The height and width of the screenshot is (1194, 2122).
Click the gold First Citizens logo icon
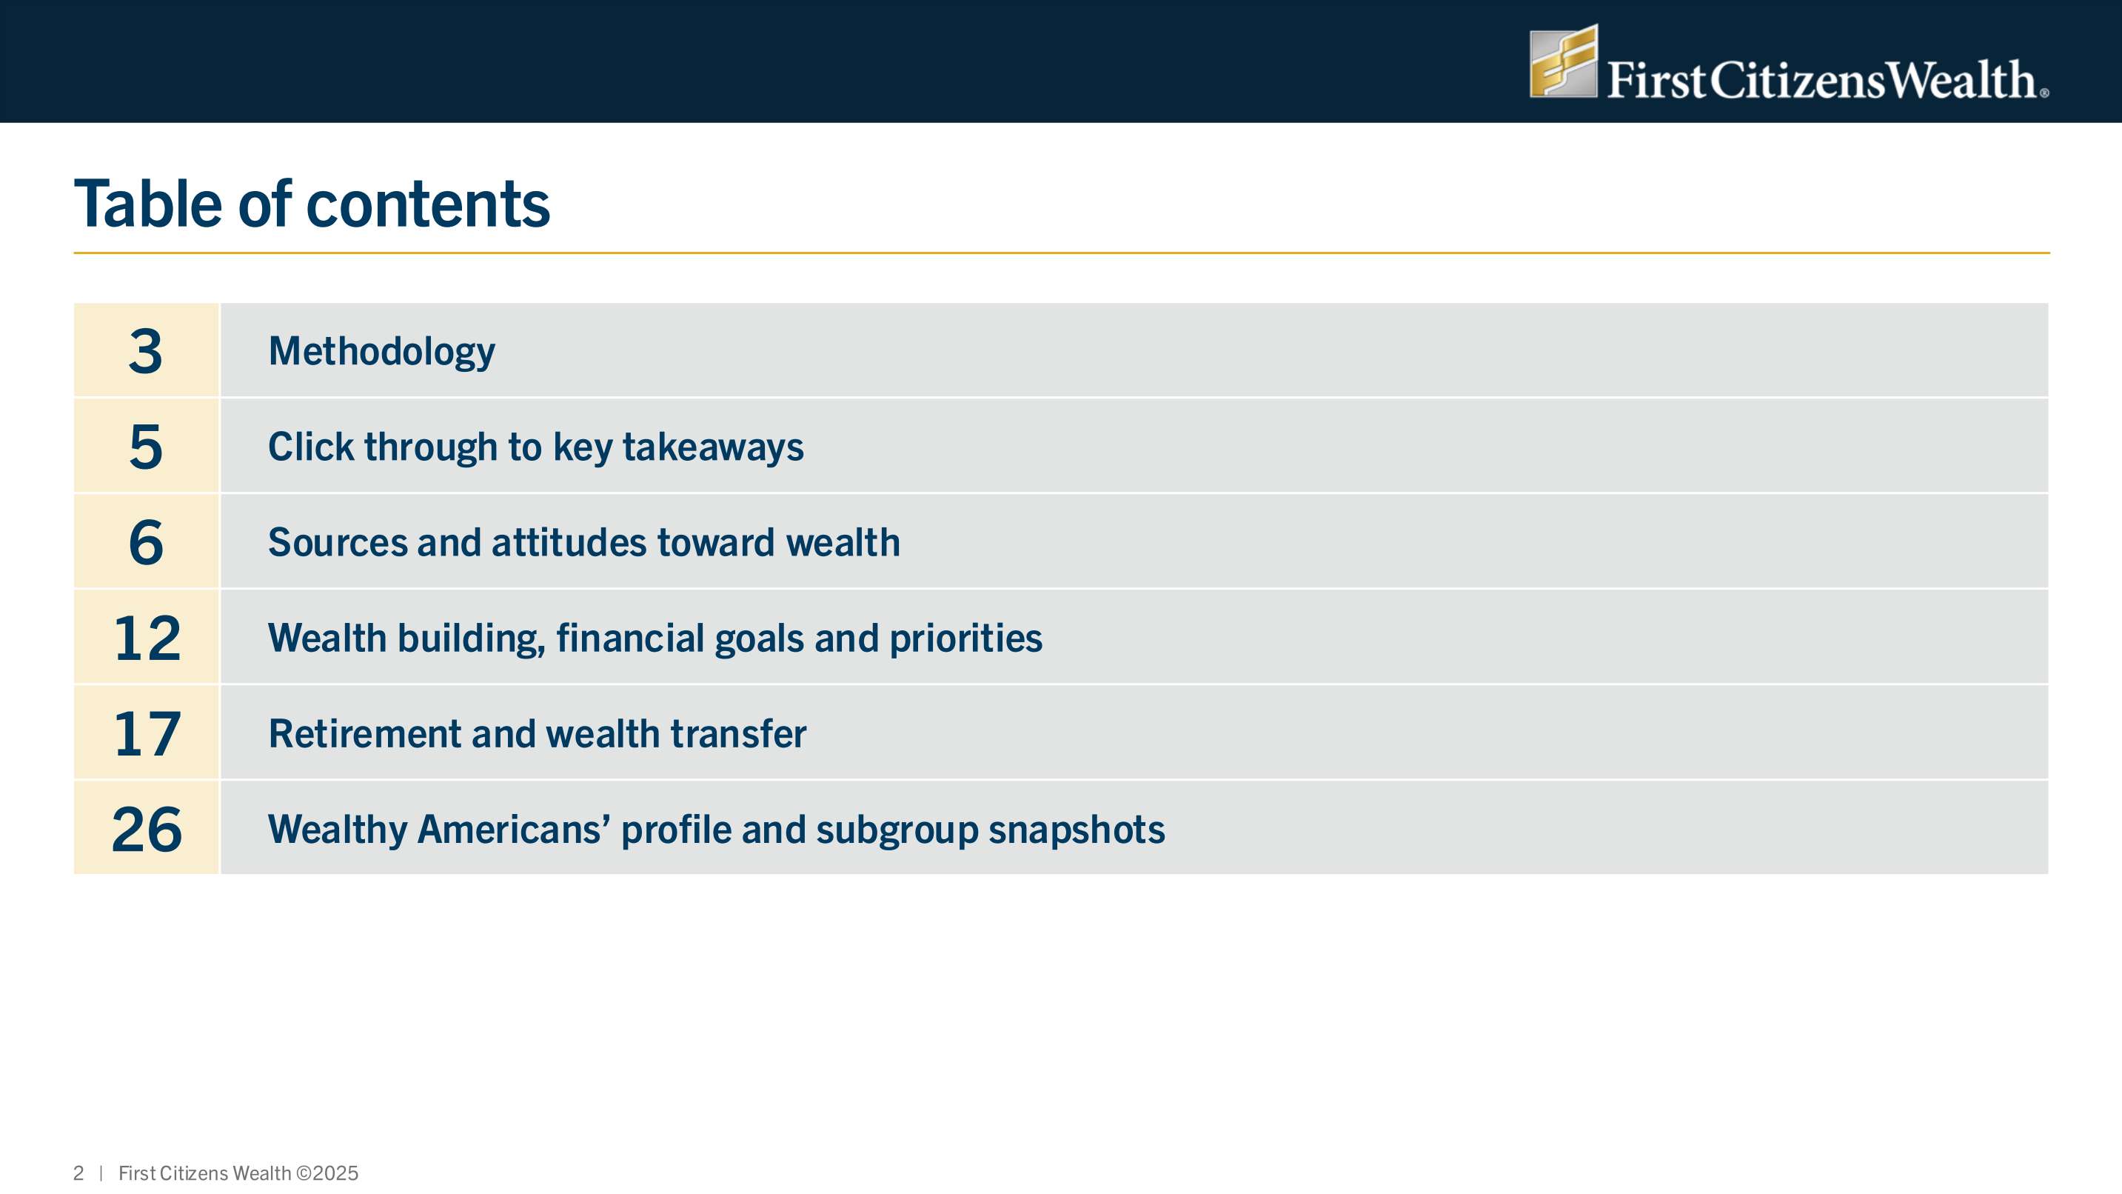click(1564, 61)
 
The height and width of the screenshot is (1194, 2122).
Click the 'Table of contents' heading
click(312, 204)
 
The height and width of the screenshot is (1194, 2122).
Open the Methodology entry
click(382, 353)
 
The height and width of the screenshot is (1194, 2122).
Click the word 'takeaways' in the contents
click(712, 448)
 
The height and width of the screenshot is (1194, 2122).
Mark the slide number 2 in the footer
click(78, 1173)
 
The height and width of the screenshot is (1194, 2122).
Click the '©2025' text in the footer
click(327, 1173)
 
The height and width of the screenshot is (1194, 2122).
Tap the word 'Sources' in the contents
click(338, 542)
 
